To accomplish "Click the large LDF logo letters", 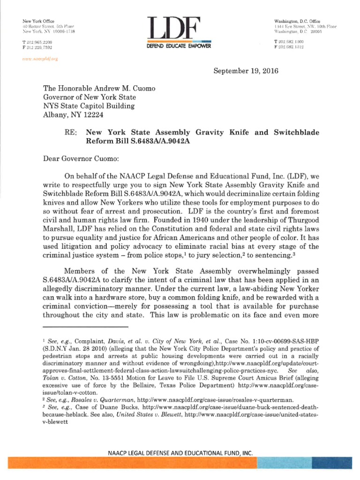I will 174,30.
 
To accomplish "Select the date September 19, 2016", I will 246,71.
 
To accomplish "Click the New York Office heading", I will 38,22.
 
